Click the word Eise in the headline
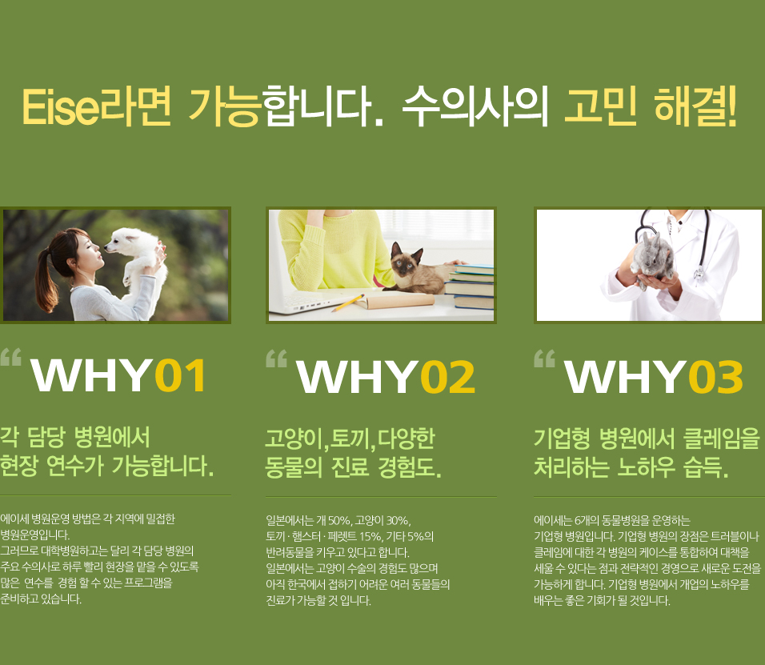[61, 107]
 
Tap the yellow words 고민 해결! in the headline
[651, 106]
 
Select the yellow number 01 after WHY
[181, 375]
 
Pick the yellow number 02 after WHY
[448, 377]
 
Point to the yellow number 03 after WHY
[716, 377]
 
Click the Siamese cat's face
[406, 260]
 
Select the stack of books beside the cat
[471, 286]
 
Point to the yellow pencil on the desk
[348, 302]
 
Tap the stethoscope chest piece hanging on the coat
[699, 274]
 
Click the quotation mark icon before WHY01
[10, 357]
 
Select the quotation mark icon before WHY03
[544, 359]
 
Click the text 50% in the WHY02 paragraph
[338, 521]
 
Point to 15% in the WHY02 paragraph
[370, 537]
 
